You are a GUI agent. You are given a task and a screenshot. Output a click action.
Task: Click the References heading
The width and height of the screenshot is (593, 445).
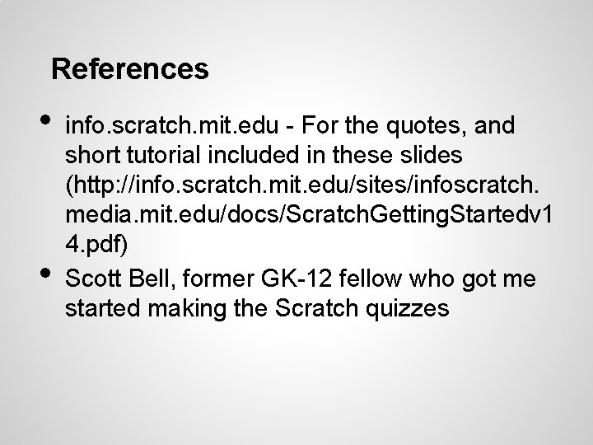pyautogui.click(x=129, y=69)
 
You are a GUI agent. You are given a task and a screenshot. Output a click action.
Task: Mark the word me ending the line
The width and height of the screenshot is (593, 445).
pyautogui.click(x=520, y=279)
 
